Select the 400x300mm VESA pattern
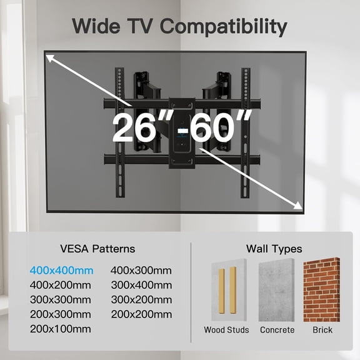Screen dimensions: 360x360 141,271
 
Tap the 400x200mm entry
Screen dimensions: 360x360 61,285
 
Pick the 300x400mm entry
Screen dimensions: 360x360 141,285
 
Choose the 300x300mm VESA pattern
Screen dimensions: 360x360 61,299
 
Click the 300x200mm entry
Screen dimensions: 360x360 141,299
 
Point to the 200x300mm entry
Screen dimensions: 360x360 61,314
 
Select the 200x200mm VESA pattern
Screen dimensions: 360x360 141,314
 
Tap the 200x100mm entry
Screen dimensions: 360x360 60,328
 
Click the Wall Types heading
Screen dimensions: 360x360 275,249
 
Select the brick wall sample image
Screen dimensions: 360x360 321,289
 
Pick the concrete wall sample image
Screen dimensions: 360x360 276,289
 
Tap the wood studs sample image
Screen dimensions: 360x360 226,289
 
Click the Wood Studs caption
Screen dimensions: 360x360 226,329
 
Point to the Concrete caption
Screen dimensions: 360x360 276,329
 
